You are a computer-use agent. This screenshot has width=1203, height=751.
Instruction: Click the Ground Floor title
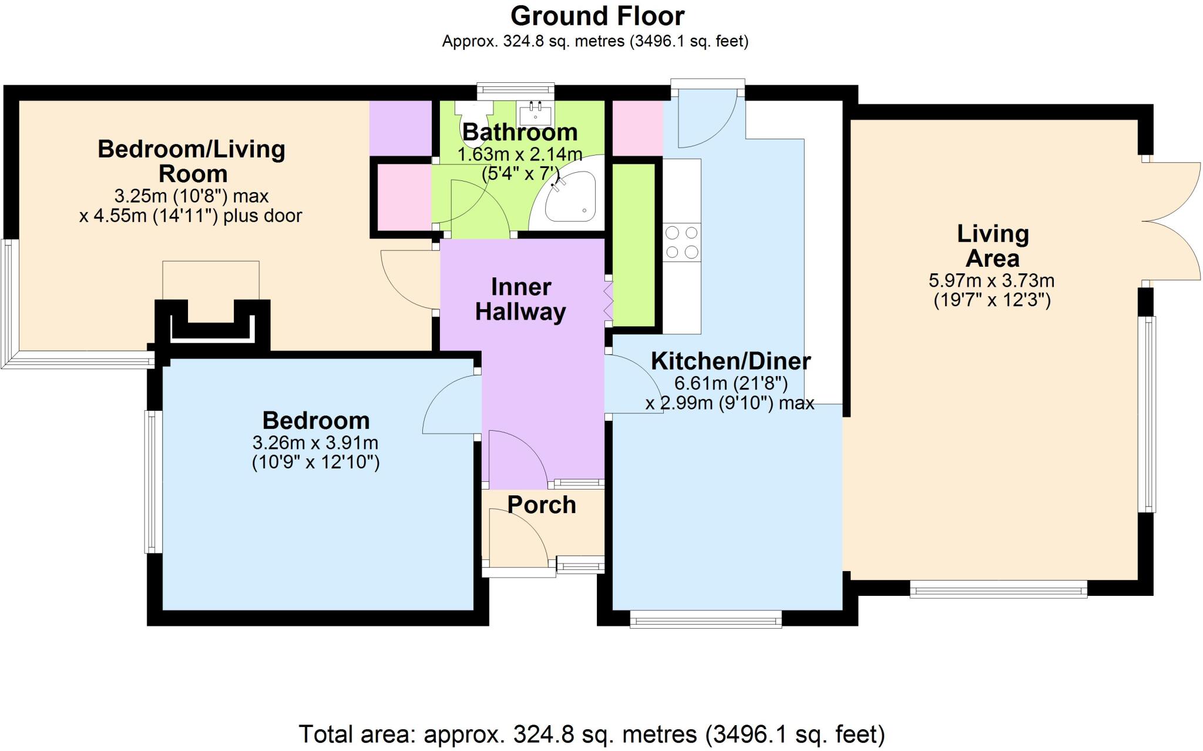(597, 16)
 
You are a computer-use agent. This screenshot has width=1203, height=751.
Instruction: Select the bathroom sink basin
(535, 112)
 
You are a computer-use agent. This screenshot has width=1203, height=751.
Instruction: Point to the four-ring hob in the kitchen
(681, 242)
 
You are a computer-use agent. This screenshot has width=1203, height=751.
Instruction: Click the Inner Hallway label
(520, 299)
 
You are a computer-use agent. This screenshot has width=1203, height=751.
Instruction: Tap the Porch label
(541, 505)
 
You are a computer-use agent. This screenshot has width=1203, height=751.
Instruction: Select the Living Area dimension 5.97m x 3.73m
(992, 280)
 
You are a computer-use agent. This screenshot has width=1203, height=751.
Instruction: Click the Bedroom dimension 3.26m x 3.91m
(315, 442)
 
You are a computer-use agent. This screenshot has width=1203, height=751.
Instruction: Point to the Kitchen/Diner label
(730, 361)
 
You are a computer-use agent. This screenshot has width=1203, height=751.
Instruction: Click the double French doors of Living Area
(1172, 222)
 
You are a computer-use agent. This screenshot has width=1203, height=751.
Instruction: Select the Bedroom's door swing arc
(449, 405)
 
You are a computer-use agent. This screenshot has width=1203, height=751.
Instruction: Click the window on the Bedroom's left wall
(153, 481)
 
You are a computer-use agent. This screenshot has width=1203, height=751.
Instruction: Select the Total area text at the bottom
(592, 734)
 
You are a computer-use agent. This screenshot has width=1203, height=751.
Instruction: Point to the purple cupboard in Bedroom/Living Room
(399, 128)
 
